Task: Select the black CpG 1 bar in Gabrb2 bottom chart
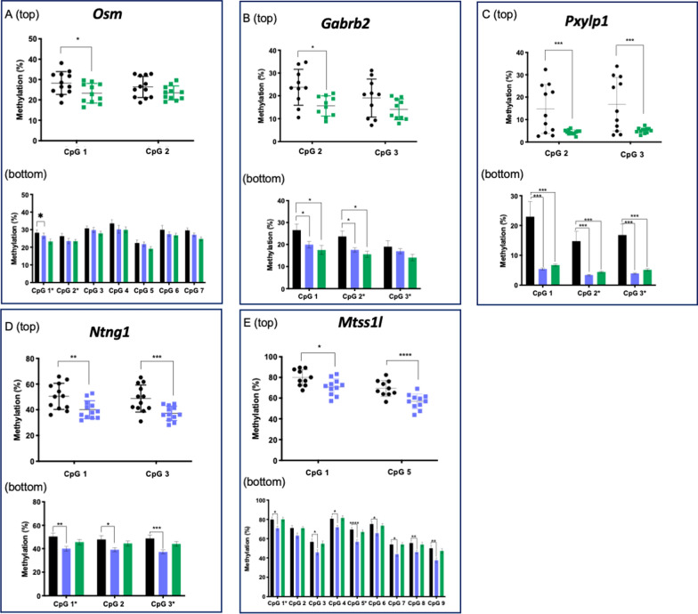[296, 257]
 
